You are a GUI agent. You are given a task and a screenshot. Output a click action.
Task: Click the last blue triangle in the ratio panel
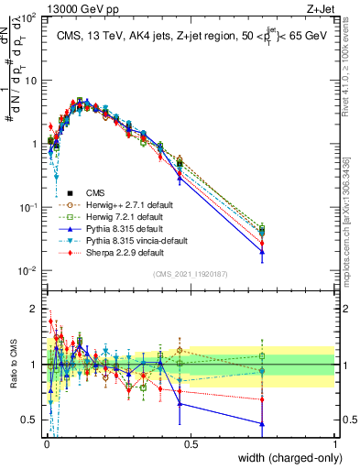pyautogui.click(x=263, y=423)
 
